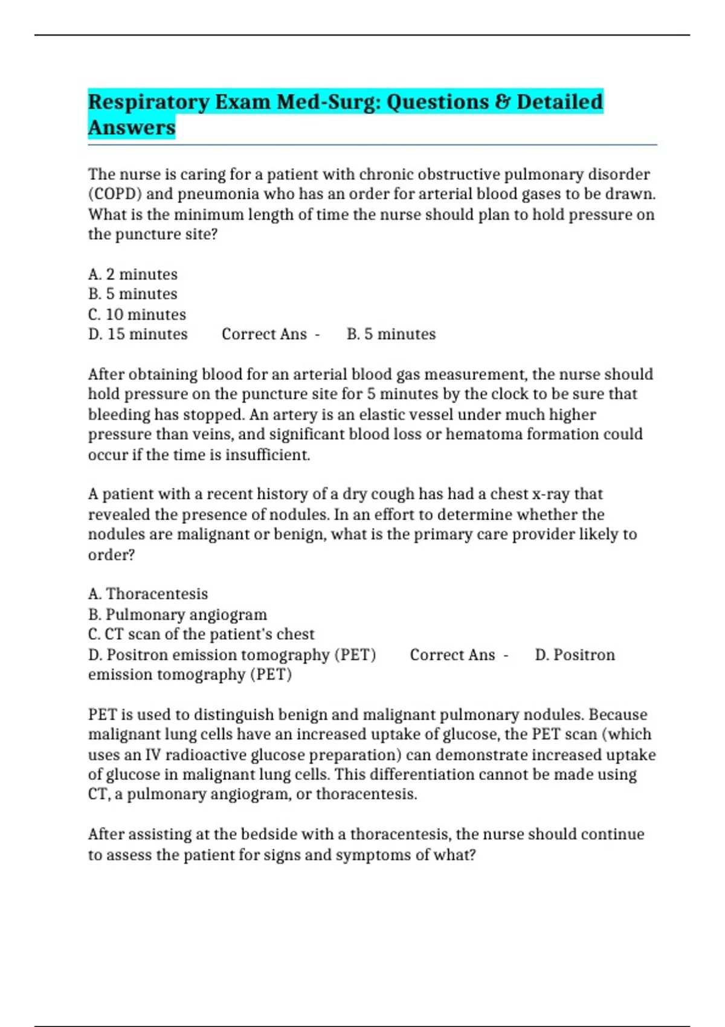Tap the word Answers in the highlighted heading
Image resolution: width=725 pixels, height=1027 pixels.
coord(132,128)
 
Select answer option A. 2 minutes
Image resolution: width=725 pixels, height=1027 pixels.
coord(133,274)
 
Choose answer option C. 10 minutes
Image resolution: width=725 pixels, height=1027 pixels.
coord(137,314)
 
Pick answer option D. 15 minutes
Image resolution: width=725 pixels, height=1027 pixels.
coord(138,334)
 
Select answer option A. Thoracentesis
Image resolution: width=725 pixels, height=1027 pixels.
coord(148,594)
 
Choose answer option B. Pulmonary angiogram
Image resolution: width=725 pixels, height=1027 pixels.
coord(178,614)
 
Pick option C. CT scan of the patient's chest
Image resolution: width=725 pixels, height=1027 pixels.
coord(201,634)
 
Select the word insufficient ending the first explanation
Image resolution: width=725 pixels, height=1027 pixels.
coord(268,454)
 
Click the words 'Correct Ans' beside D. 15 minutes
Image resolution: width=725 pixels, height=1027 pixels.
coord(264,334)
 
